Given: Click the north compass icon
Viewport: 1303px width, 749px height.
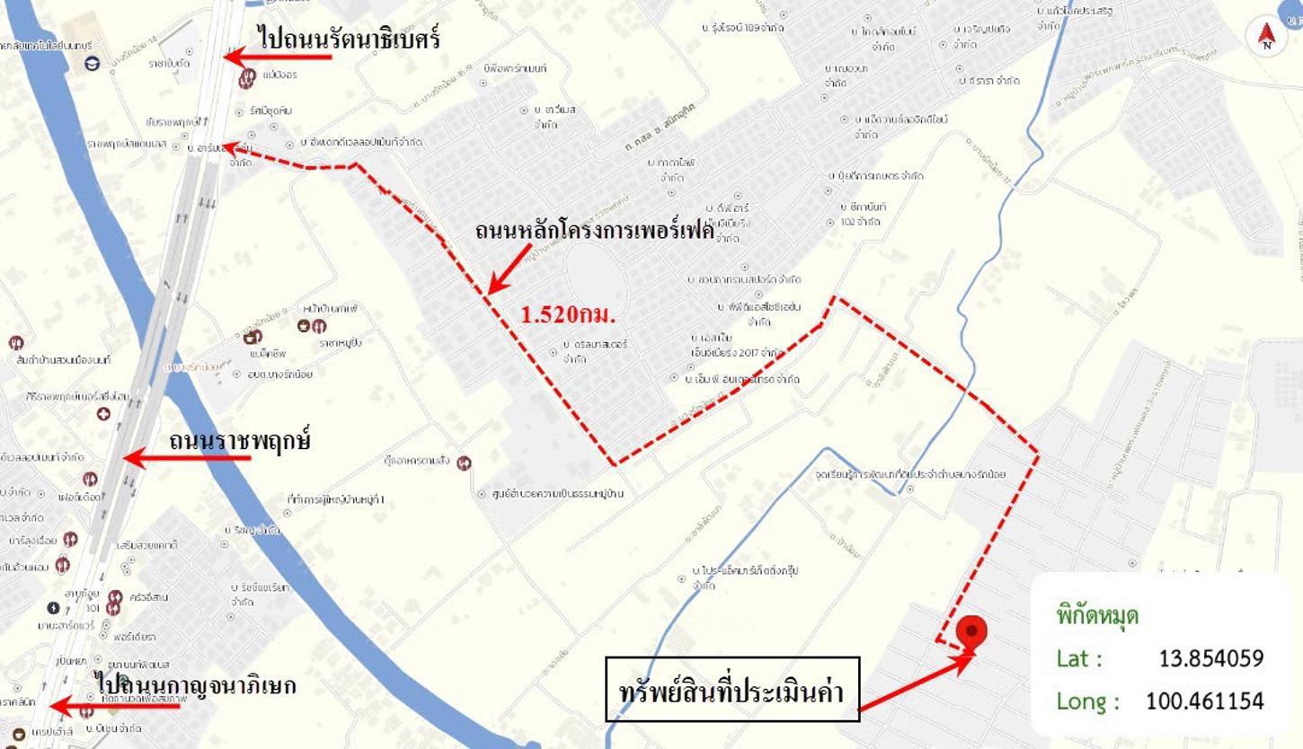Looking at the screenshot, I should click(1266, 35).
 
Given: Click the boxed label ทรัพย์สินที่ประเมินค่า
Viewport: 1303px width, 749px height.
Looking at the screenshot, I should click(732, 689).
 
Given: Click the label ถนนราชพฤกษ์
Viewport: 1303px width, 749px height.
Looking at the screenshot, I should click(239, 441).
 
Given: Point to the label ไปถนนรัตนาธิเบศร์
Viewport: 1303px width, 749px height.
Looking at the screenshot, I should click(349, 38).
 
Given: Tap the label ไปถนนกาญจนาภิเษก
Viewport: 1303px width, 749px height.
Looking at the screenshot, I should click(196, 685).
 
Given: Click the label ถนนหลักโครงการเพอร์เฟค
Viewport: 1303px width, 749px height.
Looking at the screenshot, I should click(594, 231).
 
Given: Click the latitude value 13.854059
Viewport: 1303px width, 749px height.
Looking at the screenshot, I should click(1210, 658).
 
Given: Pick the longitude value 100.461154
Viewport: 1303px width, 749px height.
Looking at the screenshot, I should click(1204, 701).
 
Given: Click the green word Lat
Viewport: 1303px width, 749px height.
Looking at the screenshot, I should click(1079, 658).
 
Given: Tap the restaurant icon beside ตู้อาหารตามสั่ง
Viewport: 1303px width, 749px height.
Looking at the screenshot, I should click(465, 463).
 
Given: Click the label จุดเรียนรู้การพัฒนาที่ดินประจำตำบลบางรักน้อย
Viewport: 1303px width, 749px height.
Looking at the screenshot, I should click(909, 473).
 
